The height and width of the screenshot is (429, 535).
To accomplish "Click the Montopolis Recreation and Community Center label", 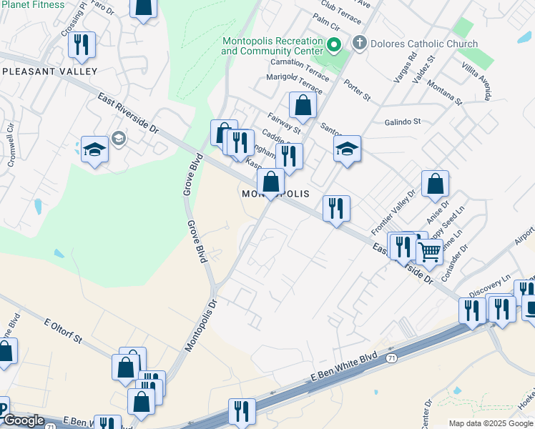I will click(272, 46).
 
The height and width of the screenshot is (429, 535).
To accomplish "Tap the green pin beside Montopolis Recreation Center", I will click(333, 46).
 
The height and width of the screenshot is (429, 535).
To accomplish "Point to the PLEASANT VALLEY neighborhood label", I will click(49, 71).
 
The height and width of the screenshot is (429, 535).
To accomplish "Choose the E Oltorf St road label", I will click(64, 328).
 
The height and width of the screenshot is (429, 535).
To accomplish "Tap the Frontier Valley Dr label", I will click(393, 212).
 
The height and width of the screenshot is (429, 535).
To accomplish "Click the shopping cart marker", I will click(429, 251).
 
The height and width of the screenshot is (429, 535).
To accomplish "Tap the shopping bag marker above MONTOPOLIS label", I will click(270, 182).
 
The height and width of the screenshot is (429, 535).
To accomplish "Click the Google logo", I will click(23, 420).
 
